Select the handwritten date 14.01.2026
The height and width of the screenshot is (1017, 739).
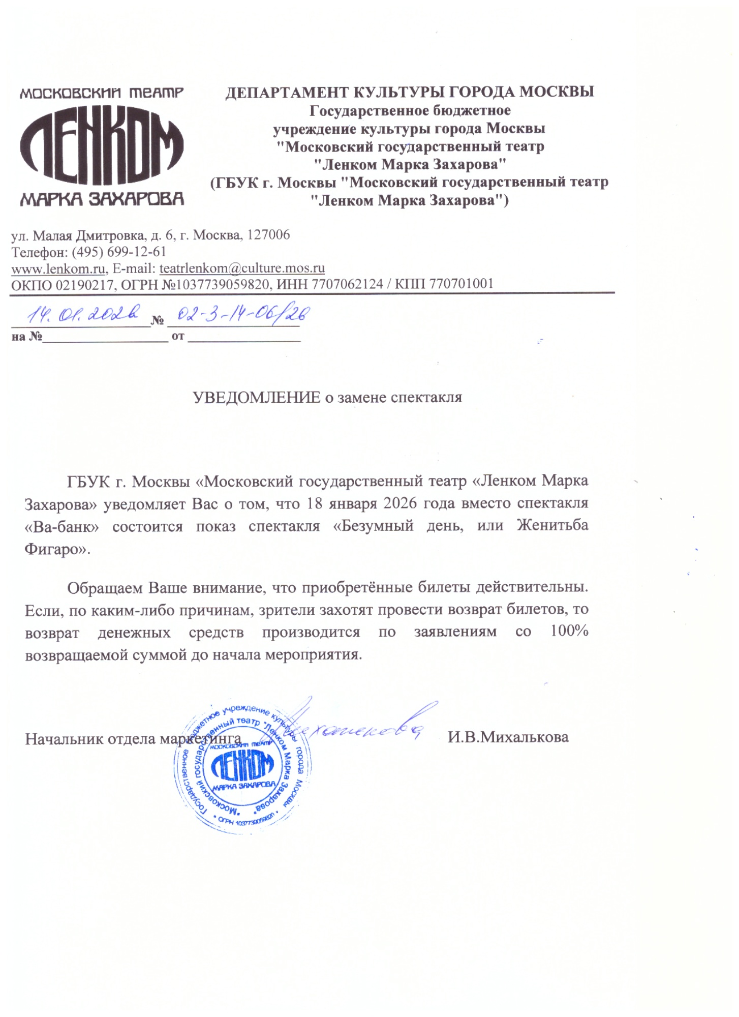83,315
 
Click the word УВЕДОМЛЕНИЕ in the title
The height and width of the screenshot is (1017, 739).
257,397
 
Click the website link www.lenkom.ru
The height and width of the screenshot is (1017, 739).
58,268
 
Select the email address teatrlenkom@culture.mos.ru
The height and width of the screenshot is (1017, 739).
242,268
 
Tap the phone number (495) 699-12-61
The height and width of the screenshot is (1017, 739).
119,252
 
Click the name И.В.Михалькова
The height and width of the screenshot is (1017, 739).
508,737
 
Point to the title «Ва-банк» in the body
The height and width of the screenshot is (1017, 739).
61,526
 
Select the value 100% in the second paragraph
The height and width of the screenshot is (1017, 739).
569,631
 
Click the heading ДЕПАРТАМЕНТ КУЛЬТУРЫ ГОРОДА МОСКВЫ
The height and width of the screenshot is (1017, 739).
410,92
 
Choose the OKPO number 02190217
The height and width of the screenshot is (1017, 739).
84,284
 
